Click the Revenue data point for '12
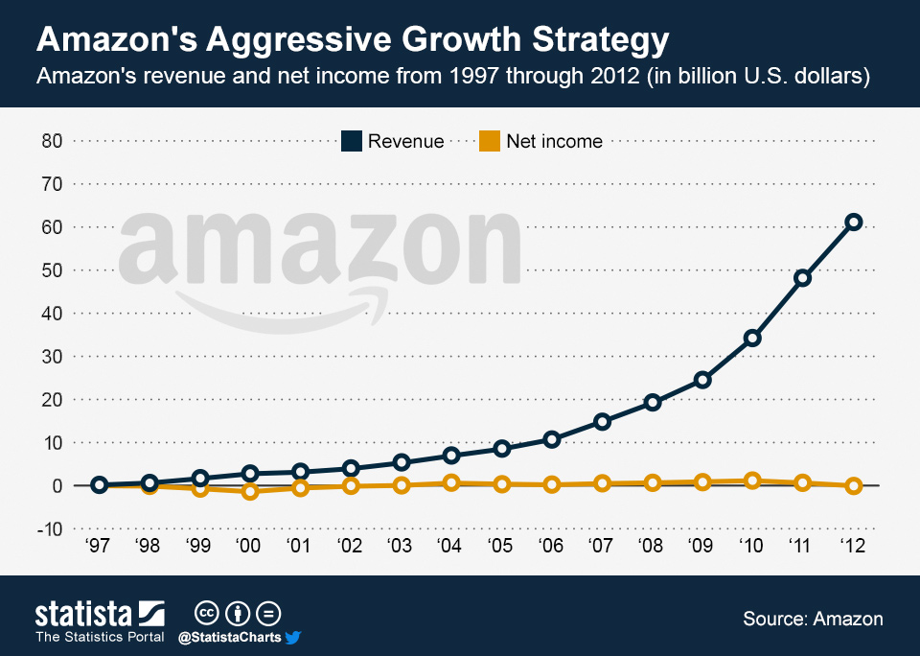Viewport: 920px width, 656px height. pyautogui.click(x=854, y=222)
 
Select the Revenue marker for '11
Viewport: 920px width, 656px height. pyautogui.click(x=803, y=278)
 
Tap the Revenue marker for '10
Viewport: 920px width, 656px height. pyautogui.click(x=752, y=338)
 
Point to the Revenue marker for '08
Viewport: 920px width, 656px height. pyautogui.click(x=653, y=403)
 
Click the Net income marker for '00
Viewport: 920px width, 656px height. pyautogui.click(x=250, y=492)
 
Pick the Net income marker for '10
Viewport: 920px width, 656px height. pyautogui.click(x=752, y=480)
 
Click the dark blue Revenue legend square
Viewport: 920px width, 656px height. pyautogui.click(x=351, y=141)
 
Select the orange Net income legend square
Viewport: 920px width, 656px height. pyautogui.click(x=489, y=141)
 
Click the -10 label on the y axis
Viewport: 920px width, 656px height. pyautogui.click(x=48, y=528)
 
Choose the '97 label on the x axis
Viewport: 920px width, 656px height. pyautogui.click(x=98, y=547)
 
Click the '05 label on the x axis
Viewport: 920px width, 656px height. pyautogui.click(x=501, y=547)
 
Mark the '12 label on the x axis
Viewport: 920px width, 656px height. pyautogui.click(x=853, y=547)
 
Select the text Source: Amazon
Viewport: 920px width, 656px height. pyautogui.click(x=813, y=619)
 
